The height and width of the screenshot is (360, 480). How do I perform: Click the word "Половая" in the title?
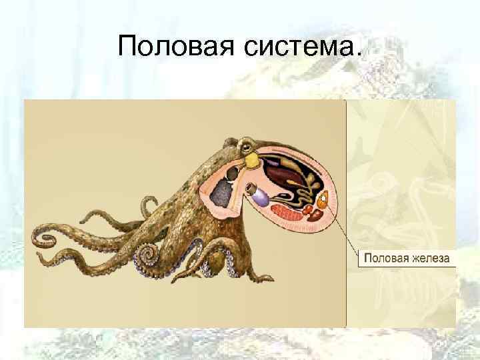(167, 47)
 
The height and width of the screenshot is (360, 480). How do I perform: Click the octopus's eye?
(247, 145)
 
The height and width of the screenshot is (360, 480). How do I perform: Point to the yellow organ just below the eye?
(253, 160)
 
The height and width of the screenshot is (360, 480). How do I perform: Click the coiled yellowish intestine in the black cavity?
(307, 189)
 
